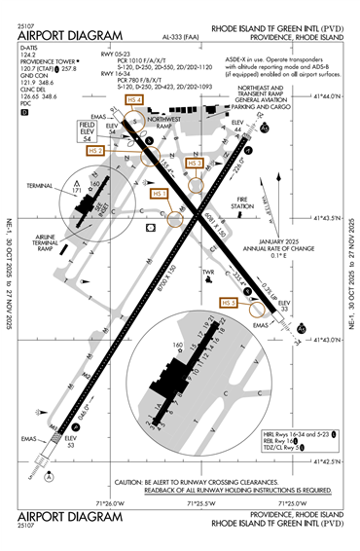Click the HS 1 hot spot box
tap(160, 194)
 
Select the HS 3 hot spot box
tap(195, 163)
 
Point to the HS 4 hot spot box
tap(133, 100)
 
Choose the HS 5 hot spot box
tap(229, 303)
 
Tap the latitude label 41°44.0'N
tap(327, 96)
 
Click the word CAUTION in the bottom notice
tap(129, 483)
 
